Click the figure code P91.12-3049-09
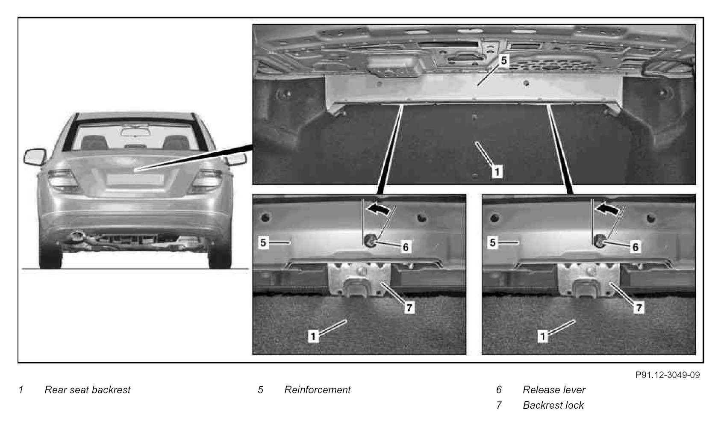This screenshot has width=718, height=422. tap(668, 375)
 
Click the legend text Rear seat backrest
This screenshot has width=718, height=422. tap(88, 390)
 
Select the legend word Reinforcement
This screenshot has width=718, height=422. tap(317, 390)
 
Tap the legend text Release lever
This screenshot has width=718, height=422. tap(554, 390)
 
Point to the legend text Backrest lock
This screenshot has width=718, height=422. tap(553, 405)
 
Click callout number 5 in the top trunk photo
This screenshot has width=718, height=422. tap(504, 60)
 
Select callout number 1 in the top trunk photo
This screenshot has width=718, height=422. tap(497, 171)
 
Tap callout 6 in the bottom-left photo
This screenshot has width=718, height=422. tap(406, 247)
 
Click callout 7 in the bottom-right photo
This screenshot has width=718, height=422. tap(639, 307)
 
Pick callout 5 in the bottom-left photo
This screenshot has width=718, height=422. tap(263, 243)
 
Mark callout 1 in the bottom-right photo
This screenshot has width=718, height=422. tap(543, 336)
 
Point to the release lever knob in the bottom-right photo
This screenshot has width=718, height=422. tap(598, 241)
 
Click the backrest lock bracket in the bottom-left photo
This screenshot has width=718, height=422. tap(360, 279)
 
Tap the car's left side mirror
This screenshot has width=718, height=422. tap(35, 156)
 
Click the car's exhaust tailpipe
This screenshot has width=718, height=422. tap(77, 236)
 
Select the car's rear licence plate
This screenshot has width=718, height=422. tap(135, 179)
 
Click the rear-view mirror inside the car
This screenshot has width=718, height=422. tap(135, 132)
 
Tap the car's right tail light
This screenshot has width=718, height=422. tap(207, 180)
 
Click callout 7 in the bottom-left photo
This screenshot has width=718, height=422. tap(409, 307)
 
